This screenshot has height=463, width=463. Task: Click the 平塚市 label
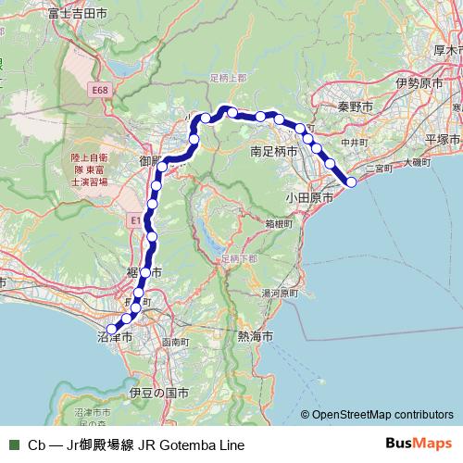443,139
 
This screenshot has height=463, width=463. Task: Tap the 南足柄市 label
274,149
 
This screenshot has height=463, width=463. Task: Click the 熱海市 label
255,336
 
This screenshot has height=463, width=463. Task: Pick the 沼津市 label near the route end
116,340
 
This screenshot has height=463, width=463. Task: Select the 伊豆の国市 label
159,394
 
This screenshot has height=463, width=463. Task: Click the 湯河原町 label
277,293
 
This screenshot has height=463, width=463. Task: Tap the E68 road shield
101,90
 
